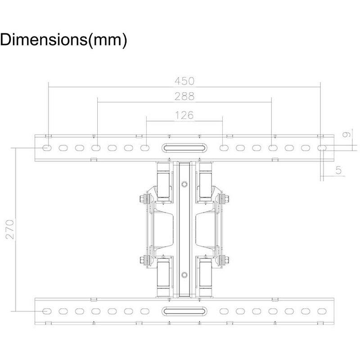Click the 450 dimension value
[184, 81]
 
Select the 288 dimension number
[184, 96]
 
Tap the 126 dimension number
[184, 115]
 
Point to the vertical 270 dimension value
[10, 229]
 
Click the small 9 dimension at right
[346, 134]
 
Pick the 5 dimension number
[339, 171]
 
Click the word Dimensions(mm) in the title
[63, 40]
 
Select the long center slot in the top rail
[184, 148]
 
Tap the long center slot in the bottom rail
[184, 311]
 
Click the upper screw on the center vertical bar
[184, 184]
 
